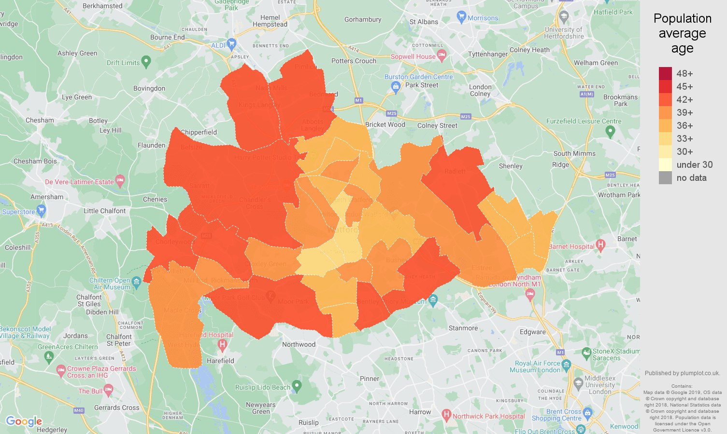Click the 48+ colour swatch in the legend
pyautogui.click(x=665, y=73)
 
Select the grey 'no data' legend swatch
pyautogui.click(x=665, y=177)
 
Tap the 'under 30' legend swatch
pyautogui.click(x=665, y=164)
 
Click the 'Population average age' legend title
pyautogui.click(x=682, y=33)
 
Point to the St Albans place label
pyautogui.click(x=424, y=22)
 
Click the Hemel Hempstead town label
pyautogui.click(x=270, y=21)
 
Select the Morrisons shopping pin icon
pyautogui.click(x=461, y=17)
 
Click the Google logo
pyautogui.click(x=24, y=421)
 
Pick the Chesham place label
pyautogui.click(x=40, y=120)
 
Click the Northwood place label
pyautogui.click(x=299, y=344)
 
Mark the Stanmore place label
pyautogui.click(x=463, y=328)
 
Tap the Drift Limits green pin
pyautogui.click(x=146, y=61)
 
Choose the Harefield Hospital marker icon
pyautogui.click(x=222, y=344)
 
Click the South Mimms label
pyautogui.click(x=574, y=153)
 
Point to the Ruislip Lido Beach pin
pyautogui.click(x=297, y=385)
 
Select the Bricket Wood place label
pyautogui.click(x=385, y=124)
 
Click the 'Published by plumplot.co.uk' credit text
pyautogui.click(x=682, y=373)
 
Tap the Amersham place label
pyautogui.click(x=47, y=197)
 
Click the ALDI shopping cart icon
pyautogui.click(x=231, y=44)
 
